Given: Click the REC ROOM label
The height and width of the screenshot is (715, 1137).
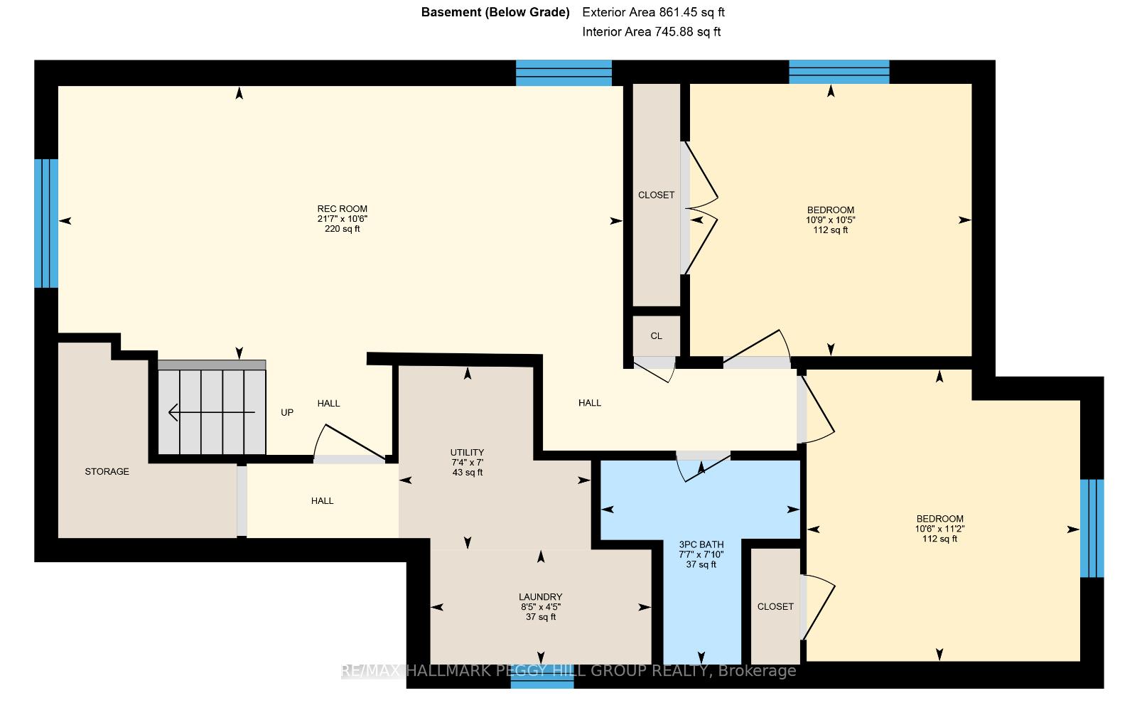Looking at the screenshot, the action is tap(342, 209).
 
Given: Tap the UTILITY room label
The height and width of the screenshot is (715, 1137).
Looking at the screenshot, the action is tap(467, 453).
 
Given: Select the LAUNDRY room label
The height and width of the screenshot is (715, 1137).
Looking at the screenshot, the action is tap(541, 597).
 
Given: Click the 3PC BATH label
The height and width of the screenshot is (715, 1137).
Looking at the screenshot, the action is tap(701, 545).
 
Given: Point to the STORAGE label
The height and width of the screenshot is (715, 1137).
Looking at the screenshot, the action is tap(107, 472).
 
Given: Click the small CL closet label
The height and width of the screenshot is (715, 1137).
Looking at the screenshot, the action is tap(657, 336).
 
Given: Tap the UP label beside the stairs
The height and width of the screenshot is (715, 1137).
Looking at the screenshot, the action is tap(287, 413).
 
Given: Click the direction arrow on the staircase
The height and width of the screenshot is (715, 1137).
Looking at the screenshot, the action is tap(212, 412).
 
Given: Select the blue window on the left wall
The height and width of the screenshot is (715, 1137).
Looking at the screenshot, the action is tap(46, 223).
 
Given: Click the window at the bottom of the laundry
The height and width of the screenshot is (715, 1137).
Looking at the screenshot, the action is tap(542, 684).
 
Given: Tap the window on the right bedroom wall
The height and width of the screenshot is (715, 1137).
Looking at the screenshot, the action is tap(1092, 529).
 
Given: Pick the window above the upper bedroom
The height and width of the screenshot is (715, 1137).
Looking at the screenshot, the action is tap(839, 72).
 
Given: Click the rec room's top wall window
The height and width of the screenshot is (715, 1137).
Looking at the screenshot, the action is tap(564, 72).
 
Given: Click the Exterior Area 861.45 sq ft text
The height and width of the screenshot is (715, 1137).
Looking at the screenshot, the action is tap(653, 12).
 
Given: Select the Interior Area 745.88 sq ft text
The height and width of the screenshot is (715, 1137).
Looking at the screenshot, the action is tap(651, 32).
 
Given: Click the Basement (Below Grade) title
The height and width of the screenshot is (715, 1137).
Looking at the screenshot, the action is tap(495, 12).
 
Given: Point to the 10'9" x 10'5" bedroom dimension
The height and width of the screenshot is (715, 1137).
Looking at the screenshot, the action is tap(831, 220).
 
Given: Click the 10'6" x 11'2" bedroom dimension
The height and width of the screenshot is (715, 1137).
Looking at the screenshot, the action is tap(939, 529).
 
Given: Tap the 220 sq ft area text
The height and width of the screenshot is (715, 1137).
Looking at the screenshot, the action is tap(342, 229).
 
